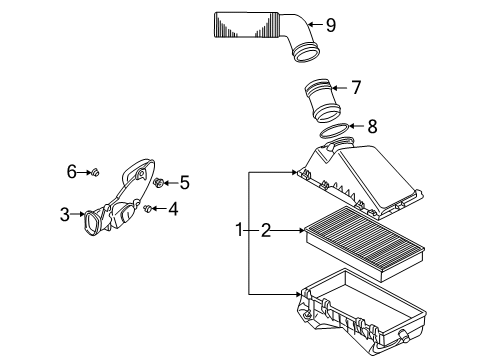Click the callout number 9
coord(331,25)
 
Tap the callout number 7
coord(356,88)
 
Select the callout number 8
coord(372,126)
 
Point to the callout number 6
coord(72,172)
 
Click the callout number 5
coord(185,183)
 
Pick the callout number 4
coord(173,209)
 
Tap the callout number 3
coord(65,214)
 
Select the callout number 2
coord(266,230)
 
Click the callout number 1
coord(239,230)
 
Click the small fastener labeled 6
coord(95,173)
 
